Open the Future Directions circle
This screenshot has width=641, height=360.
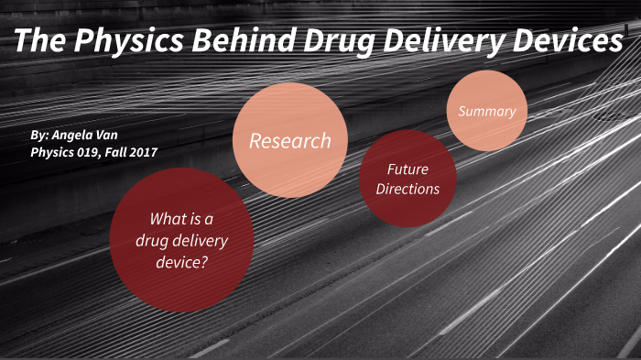click(x=407, y=179)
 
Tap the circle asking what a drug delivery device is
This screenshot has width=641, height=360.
click(x=181, y=240)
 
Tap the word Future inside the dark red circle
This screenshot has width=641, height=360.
click(x=407, y=169)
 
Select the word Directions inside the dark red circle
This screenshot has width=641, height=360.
click(x=407, y=189)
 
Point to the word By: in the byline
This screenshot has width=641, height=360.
click(x=40, y=134)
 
